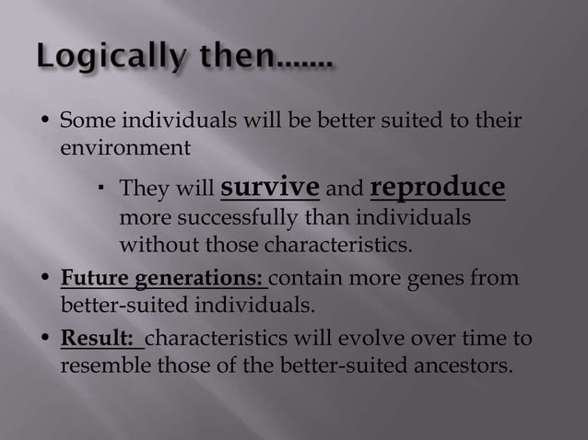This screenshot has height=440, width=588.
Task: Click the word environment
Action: click(125, 146)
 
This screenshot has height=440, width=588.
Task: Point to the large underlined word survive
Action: click(270, 187)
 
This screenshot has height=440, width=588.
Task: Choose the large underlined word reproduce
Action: click(437, 187)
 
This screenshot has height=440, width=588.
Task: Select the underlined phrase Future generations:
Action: click(162, 278)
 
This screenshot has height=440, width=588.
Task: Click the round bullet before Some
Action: click(45, 122)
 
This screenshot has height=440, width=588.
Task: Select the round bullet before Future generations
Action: click(45, 279)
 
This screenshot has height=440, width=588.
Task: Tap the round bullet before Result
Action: click(45, 339)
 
